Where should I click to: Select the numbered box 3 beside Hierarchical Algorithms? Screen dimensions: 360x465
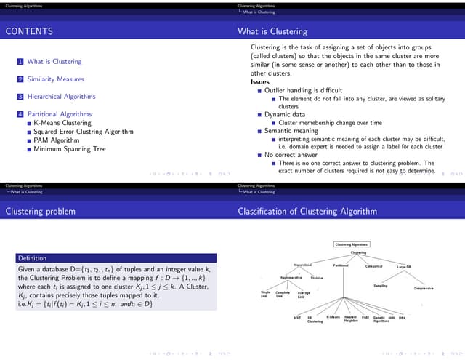pyautogui.click(x=20, y=97)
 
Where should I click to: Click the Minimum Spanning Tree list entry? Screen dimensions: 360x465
pyautogui.click(x=70, y=149)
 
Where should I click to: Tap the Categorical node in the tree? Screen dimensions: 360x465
pyautogui.click(x=373, y=266)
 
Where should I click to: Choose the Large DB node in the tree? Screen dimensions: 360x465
pyautogui.click(x=405, y=267)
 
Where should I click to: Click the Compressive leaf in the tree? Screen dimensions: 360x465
pyautogui.click(x=424, y=288)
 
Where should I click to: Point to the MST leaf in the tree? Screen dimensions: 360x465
pyautogui.click(x=297, y=318)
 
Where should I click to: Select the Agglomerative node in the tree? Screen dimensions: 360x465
pyautogui.click(x=291, y=277)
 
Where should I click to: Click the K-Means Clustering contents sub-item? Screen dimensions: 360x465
pyautogui.click(x=61, y=123)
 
